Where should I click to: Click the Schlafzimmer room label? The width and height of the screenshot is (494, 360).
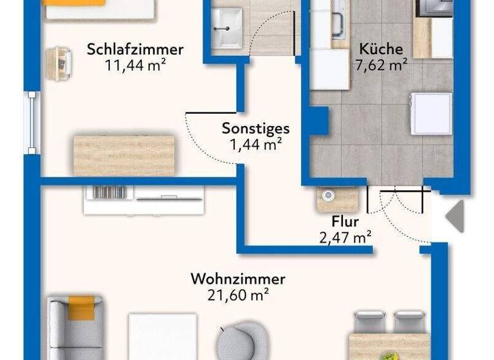click(136, 50)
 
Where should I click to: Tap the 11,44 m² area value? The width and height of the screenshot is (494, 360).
click(136, 64)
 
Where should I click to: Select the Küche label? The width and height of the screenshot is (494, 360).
click(381, 49)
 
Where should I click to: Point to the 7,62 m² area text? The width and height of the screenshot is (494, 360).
click(381, 64)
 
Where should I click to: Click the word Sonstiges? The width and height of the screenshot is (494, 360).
click(256, 129)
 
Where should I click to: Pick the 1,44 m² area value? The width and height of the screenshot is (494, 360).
click(256, 144)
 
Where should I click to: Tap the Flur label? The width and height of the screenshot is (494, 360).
click(345, 222)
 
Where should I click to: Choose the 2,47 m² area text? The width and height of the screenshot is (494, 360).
click(346, 238)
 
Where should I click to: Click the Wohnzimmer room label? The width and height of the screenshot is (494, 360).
click(238, 280)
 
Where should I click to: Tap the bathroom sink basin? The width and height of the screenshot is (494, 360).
click(226, 29)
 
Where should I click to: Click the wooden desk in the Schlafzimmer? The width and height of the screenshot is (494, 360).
click(124, 155)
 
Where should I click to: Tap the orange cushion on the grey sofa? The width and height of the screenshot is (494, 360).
click(82, 307)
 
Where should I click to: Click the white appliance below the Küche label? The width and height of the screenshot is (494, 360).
click(431, 114)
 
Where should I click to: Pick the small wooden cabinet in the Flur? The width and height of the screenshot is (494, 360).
click(337, 199)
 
